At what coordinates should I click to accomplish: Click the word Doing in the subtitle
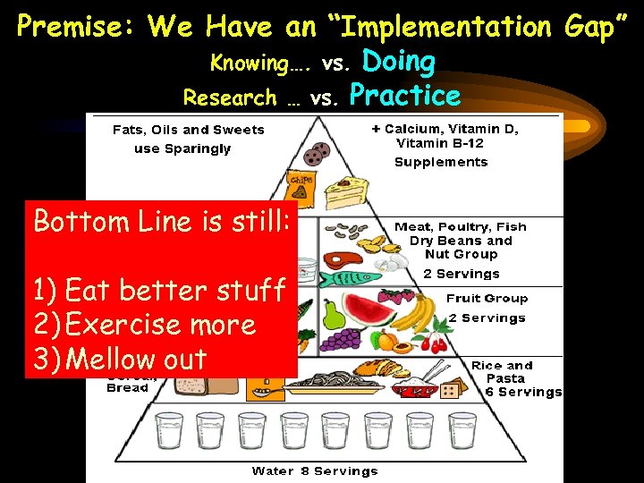(398, 62)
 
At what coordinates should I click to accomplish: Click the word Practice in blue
(405, 95)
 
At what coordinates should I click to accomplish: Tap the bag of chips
(298, 187)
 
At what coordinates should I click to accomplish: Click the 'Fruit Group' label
(487, 299)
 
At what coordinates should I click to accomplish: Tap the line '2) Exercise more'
(144, 324)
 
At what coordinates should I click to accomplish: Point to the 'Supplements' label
(441, 162)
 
